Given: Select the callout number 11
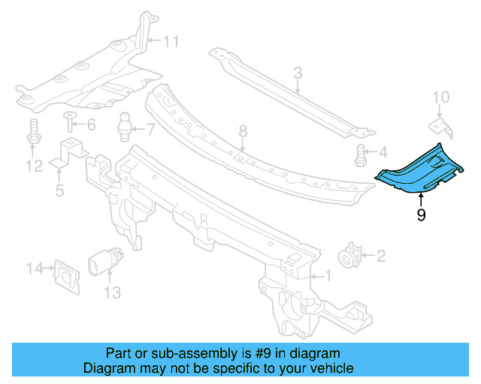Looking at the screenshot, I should [172, 41].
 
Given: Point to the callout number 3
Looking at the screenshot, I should [298, 73].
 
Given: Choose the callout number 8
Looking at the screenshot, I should [243, 131].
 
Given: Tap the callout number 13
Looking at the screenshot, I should [112, 292].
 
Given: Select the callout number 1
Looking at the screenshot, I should [326, 276].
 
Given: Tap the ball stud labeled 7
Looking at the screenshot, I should [126, 124].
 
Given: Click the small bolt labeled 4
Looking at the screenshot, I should [362, 155].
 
